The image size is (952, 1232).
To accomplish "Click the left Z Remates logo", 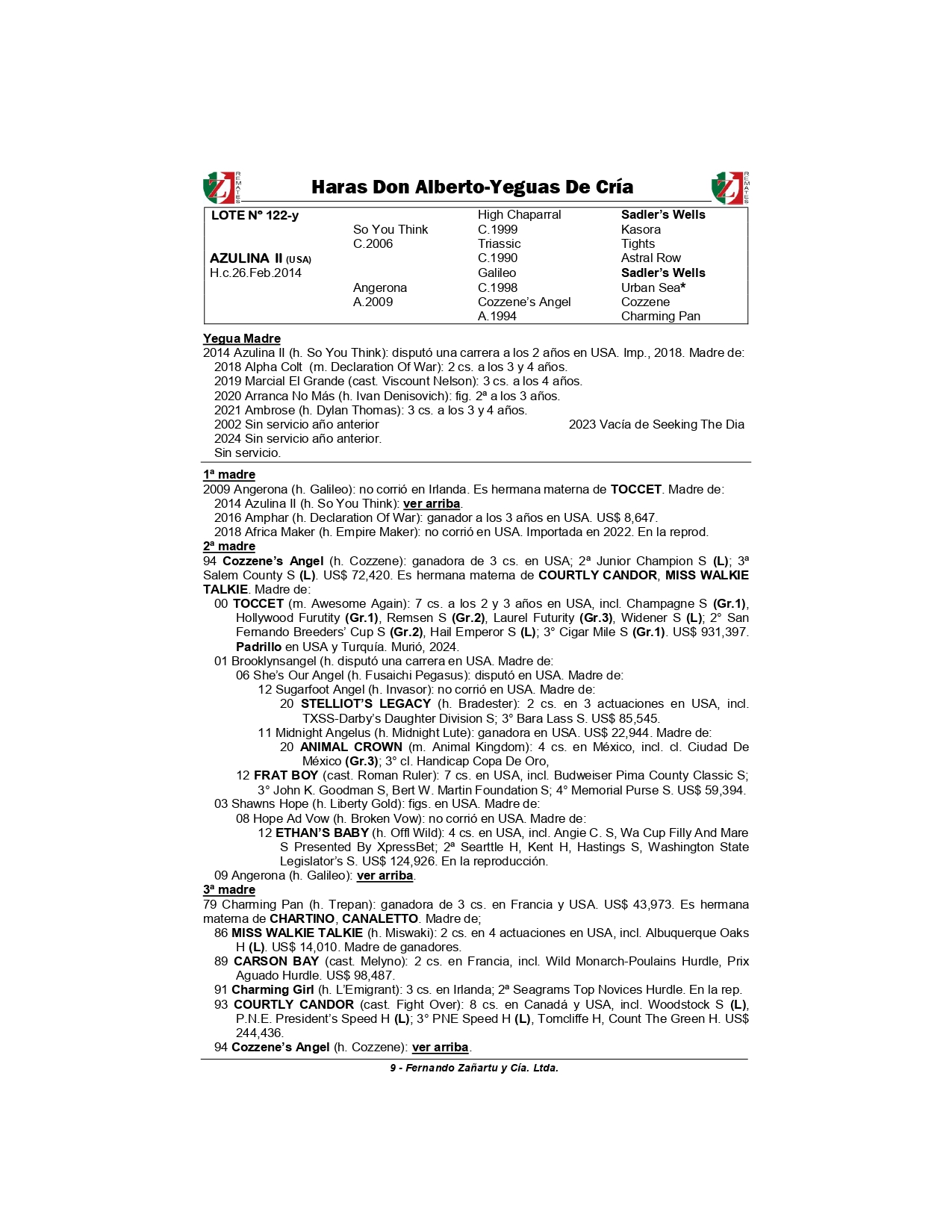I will (x=222, y=187).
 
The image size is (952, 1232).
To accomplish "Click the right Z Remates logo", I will (x=729, y=187).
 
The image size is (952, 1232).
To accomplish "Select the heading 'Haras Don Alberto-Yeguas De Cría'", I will (x=472, y=187).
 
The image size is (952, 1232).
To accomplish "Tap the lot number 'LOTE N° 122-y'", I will (x=255, y=215).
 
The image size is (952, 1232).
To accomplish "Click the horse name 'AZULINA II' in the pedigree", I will (x=246, y=258).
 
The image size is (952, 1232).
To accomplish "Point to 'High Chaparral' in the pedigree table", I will (x=519, y=214).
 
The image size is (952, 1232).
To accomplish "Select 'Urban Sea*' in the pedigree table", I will (x=653, y=287).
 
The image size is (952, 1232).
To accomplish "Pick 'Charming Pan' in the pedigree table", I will (x=660, y=316).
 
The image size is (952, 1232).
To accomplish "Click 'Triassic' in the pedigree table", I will (x=499, y=243).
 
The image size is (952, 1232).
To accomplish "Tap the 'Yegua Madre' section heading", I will (x=242, y=338).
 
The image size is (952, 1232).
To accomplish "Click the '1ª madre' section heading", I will (x=229, y=474).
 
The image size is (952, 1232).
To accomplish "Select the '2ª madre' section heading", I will (x=229, y=546).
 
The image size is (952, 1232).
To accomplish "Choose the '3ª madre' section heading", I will (x=229, y=889).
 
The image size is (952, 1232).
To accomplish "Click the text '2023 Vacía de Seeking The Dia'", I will (x=656, y=424).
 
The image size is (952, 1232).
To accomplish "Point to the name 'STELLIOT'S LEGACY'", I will (x=366, y=703).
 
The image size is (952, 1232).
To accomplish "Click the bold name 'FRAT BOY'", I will (x=286, y=775).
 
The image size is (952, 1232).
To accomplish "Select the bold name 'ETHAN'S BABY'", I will (x=323, y=833).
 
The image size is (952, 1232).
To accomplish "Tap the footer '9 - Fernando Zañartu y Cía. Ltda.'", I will (x=474, y=1068).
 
